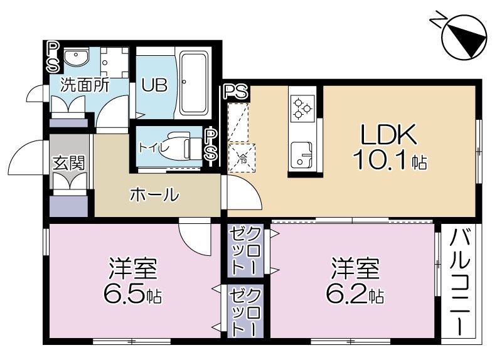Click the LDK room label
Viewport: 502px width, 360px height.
(x=388, y=134)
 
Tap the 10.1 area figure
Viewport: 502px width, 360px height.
(x=390, y=160)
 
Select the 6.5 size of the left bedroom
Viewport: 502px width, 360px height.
(x=132, y=294)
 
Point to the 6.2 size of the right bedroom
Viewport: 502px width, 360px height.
(x=355, y=294)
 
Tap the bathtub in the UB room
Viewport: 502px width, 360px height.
(x=193, y=82)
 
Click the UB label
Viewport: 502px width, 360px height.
(x=154, y=85)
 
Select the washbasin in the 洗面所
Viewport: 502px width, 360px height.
(x=76, y=57)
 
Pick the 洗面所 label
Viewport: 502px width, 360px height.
(x=85, y=85)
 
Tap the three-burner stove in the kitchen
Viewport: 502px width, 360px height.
(x=302, y=109)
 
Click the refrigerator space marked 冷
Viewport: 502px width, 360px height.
(x=242, y=158)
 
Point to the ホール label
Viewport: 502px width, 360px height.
(x=154, y=194)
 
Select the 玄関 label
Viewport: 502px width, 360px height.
(x=69, y=163)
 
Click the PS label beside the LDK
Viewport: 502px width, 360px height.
(x=237, y=92)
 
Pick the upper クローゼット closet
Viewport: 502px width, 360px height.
(x=245, y=251)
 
